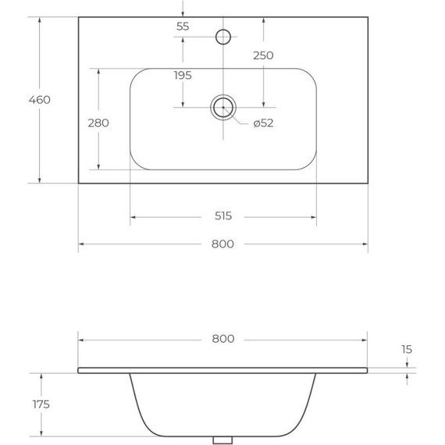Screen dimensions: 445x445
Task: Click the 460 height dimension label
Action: pos(39,100)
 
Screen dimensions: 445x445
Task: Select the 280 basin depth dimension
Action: pos(98,123)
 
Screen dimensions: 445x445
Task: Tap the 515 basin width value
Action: pos(222,216)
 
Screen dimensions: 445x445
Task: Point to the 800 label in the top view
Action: pos(222,244)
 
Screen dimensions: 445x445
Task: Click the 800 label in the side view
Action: pos(222,339)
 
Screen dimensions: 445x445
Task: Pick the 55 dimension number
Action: pos(183,27)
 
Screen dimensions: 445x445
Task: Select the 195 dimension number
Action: pos(183,75)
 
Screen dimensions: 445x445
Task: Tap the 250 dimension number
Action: pos(263,55)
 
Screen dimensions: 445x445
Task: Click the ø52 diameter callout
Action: pos(263,123)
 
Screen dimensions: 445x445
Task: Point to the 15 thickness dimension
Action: pos(407,350)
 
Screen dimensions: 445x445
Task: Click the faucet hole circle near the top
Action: pos(223,36)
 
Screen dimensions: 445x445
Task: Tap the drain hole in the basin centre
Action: pos(223,108)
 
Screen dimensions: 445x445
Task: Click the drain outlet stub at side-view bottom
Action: pos(222,440)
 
